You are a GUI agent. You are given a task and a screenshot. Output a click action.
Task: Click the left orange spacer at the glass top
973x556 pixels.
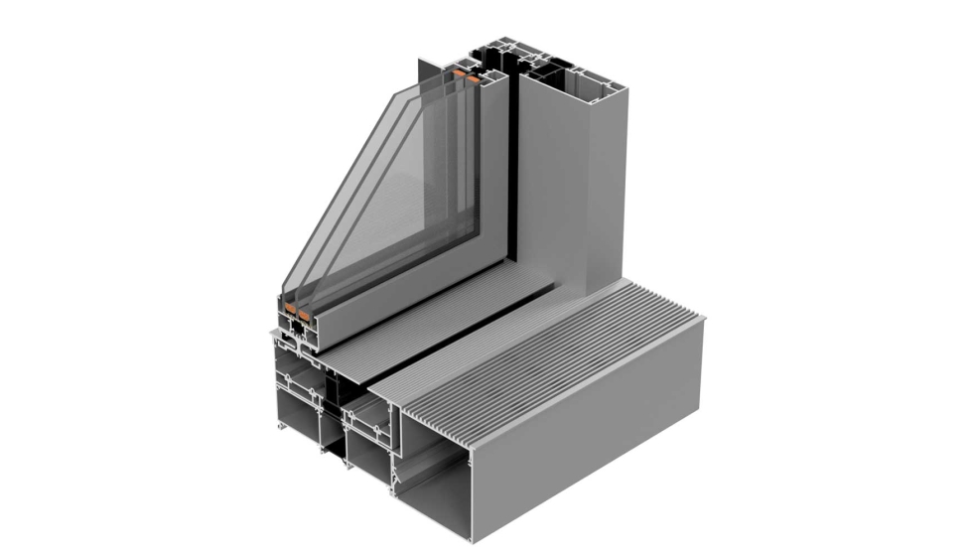point(459,73)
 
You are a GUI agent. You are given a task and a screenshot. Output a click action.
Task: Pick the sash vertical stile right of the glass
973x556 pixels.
point(492,169)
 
